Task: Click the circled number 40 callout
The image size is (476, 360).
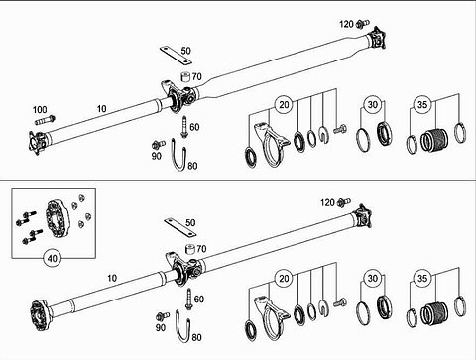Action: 53,258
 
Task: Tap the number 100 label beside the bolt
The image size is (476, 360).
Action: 40,109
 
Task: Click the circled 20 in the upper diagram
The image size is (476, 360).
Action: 284,105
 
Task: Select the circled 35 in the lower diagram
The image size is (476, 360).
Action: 422,279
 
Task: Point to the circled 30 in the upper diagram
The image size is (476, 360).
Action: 373,105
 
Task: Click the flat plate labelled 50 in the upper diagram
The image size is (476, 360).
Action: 177,56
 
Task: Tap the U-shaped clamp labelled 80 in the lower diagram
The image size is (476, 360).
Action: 183,326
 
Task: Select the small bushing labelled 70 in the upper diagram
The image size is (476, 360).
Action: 186,76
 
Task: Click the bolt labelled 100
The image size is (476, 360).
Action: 45,120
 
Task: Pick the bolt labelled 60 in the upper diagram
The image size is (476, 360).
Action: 184,127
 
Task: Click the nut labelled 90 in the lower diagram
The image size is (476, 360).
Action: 163,316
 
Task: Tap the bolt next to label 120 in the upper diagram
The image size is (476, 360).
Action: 363,24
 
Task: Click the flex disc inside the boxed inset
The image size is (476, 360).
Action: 57,218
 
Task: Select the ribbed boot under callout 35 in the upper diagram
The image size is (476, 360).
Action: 434,139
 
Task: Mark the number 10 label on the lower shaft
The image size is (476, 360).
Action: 112,278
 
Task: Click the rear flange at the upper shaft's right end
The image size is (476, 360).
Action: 378,39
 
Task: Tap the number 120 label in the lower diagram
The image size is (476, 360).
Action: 327,202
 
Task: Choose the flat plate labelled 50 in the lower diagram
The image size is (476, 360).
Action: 180,227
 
